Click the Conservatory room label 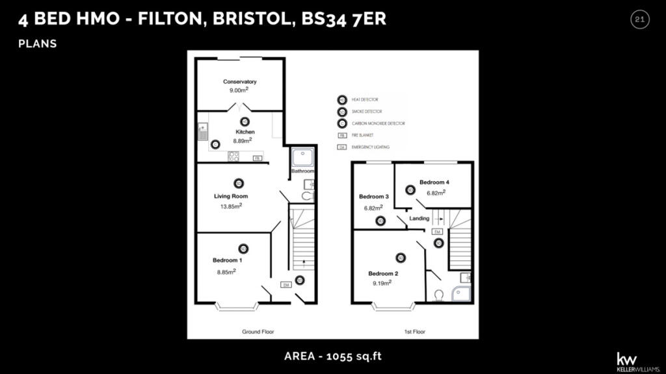(x=239, y=82)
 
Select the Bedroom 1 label (x=227, y=260)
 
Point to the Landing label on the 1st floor (x=419, y=219)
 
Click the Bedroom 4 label (x=434, y=182)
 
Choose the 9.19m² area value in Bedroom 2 (x=381, y=283)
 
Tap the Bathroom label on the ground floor (x=302, y=171)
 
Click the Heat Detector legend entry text (x=365, y=100)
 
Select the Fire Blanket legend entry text (x=363, y=136)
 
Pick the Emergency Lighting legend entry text (x=370, y=147)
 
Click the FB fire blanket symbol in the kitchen (x=257, y=158)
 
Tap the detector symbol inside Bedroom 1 (x=243, y=248)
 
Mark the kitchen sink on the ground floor (x=202, y=132)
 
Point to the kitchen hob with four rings (x=233, y=156)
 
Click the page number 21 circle (x=639, y=20)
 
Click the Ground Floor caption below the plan (x=258, y=332)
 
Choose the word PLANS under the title (x=38, y=44)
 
